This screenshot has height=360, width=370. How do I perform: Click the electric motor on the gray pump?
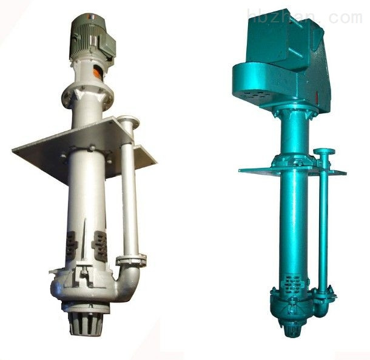pyautogui.click(x=92, y=38)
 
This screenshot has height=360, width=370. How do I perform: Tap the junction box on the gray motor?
pyautogui.click(x=106, y=45)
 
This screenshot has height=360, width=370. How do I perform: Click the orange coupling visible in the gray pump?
pyautogui.click(x=98, y=71)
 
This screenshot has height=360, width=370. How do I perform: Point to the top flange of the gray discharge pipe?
pyautogui.click(x=129, y=121)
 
